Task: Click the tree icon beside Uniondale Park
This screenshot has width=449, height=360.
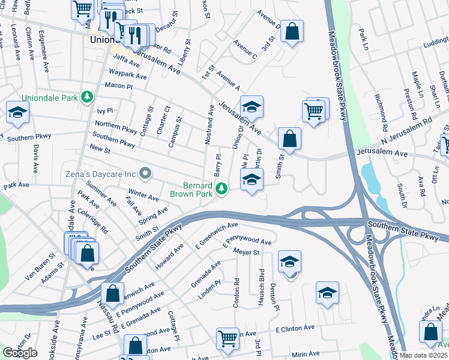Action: click(88, 97)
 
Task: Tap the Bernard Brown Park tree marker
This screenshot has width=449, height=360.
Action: click(222, 189)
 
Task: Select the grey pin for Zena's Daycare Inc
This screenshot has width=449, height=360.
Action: click(145, 174)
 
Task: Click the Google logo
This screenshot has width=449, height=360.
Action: click(20, 352)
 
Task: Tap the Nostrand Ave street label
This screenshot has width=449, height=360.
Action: click(210, 125)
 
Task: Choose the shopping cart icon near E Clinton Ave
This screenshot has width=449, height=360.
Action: click(228, 338)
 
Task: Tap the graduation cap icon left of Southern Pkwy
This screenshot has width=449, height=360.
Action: click(18, 113)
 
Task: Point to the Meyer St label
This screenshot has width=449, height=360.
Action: click(246, 252)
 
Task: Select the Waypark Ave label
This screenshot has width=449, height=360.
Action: click(128, 76)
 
